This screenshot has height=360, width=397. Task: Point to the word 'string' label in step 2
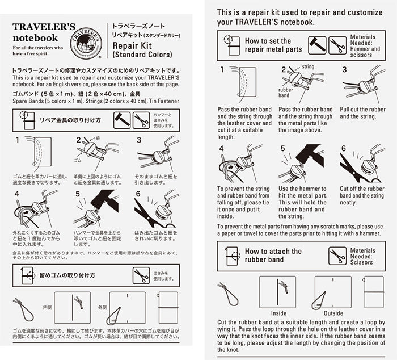(x=308, y=67)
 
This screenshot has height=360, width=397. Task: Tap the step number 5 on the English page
(x=282, y=148)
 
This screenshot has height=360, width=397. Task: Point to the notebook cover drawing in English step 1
(x=240, y=85)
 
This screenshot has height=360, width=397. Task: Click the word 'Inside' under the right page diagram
(x=278, y=313)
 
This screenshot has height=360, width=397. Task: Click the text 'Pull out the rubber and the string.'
(x=364, y=113)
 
